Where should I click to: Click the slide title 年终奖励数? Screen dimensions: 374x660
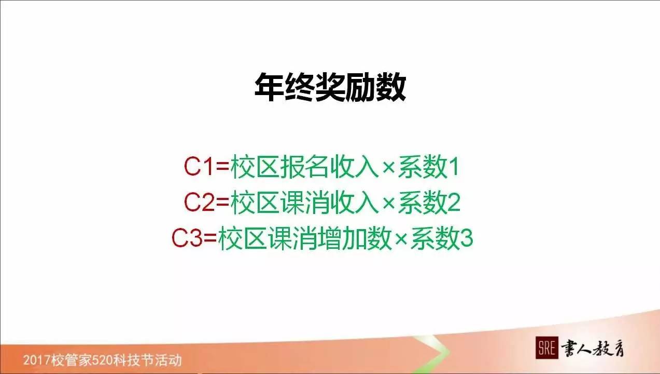[x=330, y=87]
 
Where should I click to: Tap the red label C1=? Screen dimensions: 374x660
[x=206, y=168]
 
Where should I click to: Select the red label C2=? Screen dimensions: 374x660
[x=206, y=203]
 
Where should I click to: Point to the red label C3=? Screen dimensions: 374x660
[x=194, y=238]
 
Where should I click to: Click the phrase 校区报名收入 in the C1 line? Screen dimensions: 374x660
[x=304, y=168]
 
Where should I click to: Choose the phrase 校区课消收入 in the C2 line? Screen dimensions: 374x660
[x=304, y=203]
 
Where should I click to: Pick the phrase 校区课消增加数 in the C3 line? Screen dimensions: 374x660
[x=304, y=238]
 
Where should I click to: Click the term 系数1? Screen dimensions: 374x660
[x=428, y=168]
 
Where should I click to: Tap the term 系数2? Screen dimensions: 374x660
[x=428, y=203]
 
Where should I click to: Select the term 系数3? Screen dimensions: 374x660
[x=441, y=238]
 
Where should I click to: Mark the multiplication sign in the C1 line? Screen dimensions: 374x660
[x=388, y=169]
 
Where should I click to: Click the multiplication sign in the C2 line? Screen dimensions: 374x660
[x=388, y=204]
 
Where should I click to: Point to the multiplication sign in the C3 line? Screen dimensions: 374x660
[x=401, y=239]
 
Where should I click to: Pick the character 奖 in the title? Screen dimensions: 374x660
[x=330, y=87]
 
